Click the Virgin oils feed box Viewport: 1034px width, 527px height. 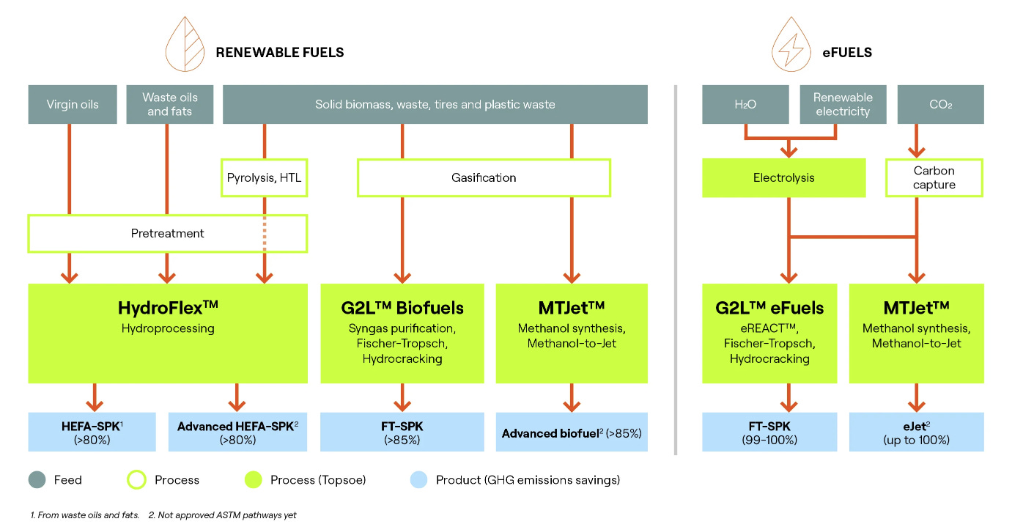coord(73,104)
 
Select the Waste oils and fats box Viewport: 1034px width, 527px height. coord(170,104)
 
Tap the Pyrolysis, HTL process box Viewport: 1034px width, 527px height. coord(265,178)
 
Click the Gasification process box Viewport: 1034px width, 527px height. coord(484,178)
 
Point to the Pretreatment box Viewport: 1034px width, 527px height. coord(167,234)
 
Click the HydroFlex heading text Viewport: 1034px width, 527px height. coord(168,306)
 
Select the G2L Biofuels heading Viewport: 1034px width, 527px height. coord(402,307)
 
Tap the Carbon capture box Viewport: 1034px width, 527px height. coord(934,178)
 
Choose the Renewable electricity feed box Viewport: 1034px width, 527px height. coord(843,104)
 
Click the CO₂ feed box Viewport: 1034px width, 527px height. coord(940,104)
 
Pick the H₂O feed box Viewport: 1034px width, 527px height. coord(745,104)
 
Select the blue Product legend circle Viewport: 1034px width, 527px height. coord(417,480)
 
